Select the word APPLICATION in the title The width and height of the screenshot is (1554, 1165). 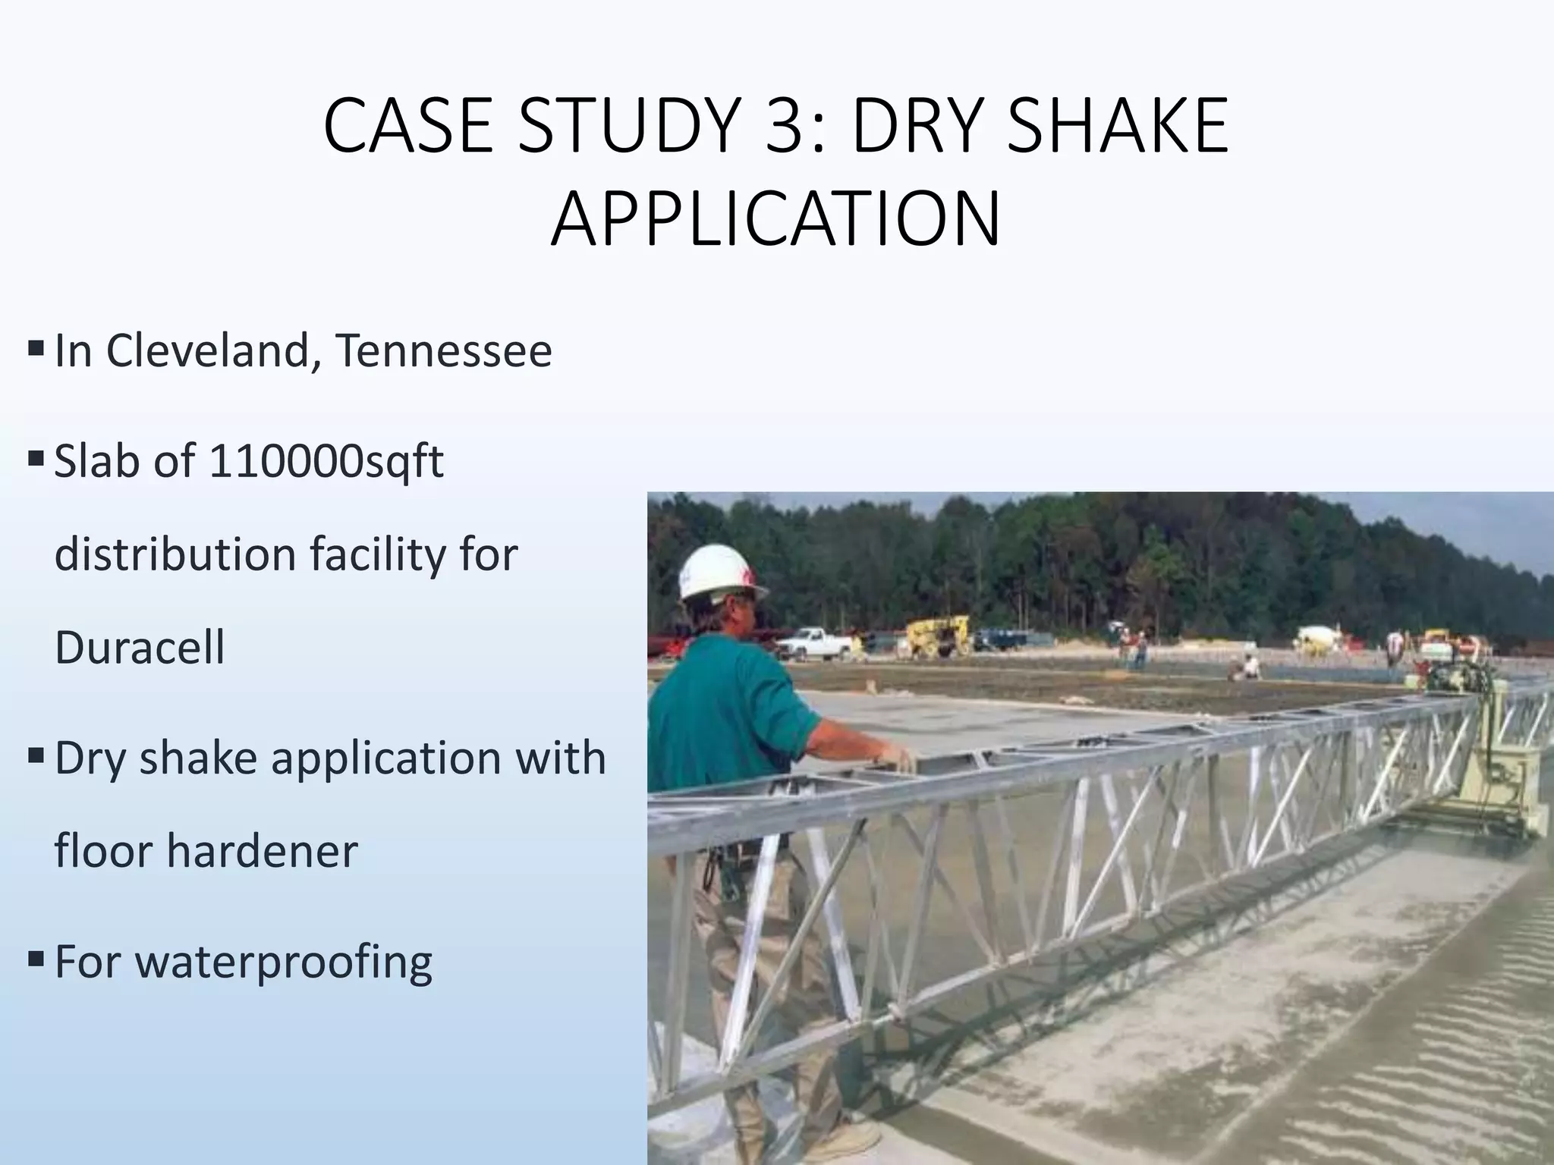(775, 220)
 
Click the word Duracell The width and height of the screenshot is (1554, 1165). (140, 648)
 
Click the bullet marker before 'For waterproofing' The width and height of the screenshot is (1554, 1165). (36, 960)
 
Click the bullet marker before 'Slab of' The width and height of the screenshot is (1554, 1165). (36, 459)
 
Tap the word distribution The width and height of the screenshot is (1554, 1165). (175, 554)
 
